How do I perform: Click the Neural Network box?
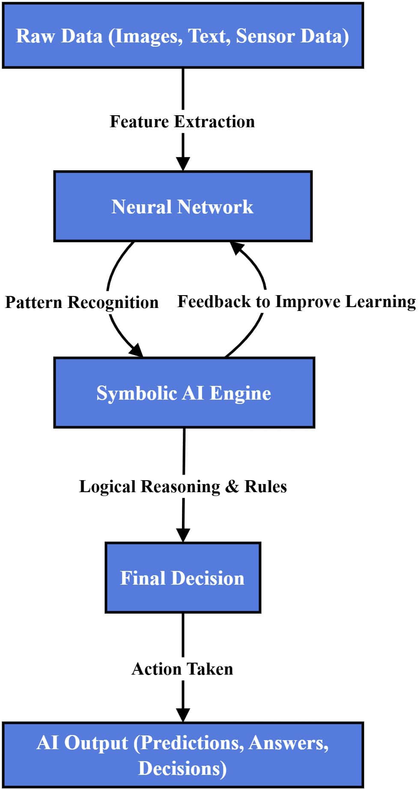(183, 206)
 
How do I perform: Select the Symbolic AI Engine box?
(184, 393)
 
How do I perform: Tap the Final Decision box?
(183, 578)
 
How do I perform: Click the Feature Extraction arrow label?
(182, 122)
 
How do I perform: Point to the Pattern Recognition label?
(82, 302)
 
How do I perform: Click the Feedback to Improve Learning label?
(296, 302)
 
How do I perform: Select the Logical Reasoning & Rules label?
(183, 487)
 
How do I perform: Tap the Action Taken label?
(182, 669)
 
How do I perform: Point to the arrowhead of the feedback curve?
(237, 248)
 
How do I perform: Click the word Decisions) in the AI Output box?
(183, 768)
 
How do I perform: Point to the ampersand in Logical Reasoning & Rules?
(232, 487)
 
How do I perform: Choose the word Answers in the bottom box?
(288, 743)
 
